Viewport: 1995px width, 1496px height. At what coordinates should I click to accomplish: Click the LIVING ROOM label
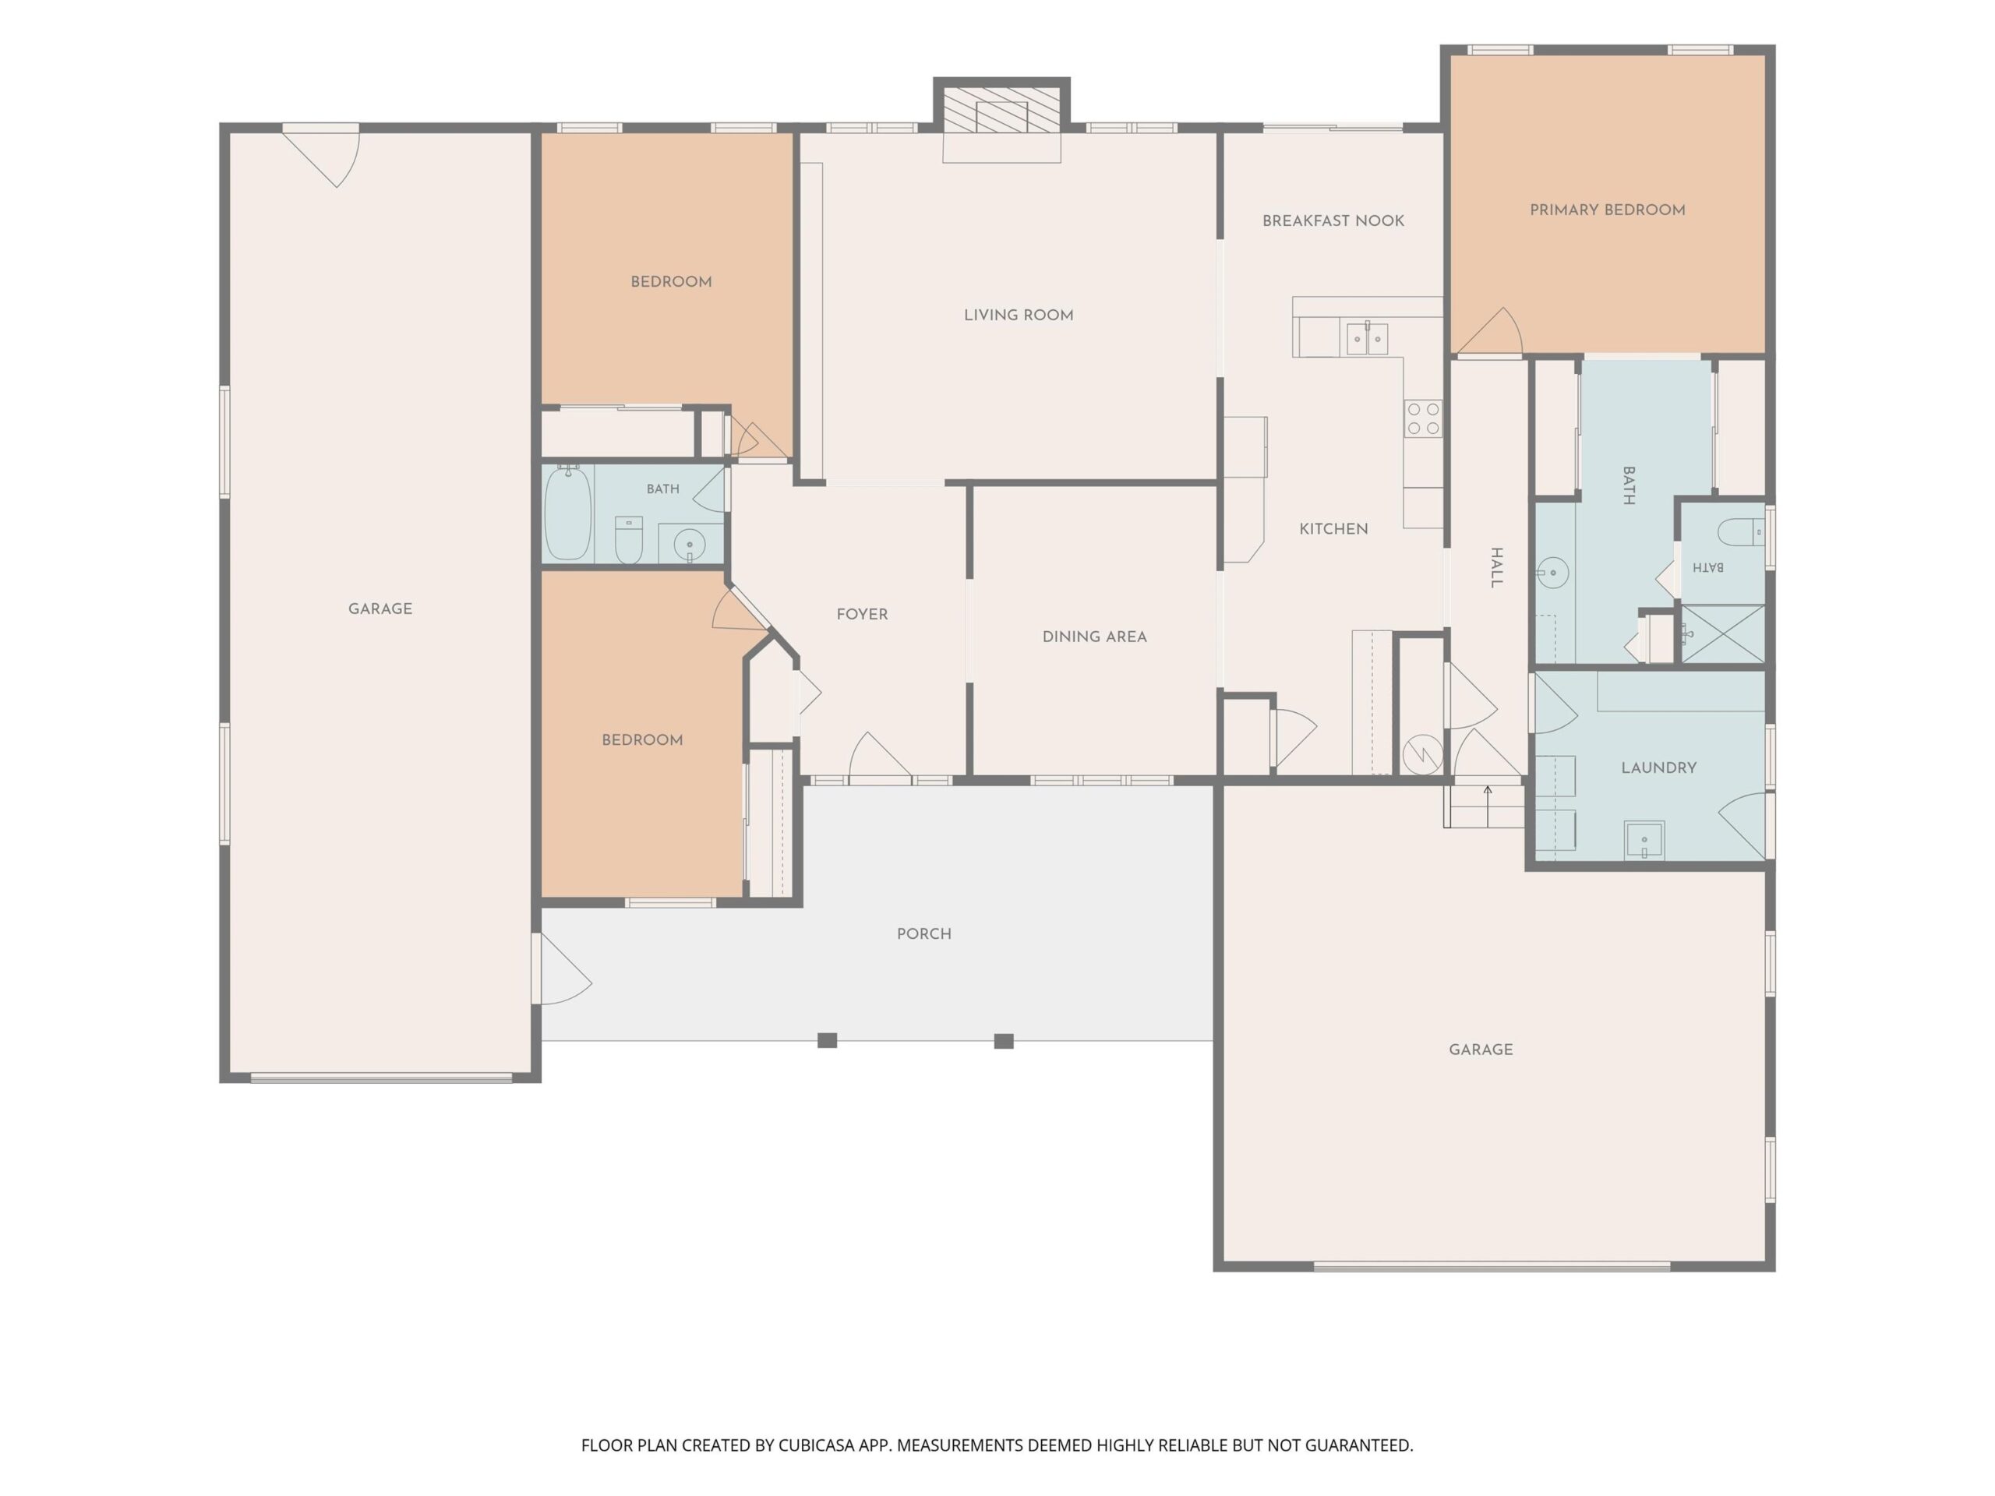[1019, 315]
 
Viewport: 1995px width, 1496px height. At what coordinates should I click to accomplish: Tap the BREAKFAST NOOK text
[1333, 221]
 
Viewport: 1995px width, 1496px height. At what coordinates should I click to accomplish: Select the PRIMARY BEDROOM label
[1607, 210]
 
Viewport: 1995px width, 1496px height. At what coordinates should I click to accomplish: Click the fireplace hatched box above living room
[1001, 110]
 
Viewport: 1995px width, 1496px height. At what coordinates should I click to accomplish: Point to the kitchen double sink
[1368, 339]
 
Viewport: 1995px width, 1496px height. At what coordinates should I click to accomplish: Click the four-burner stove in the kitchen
[1423, 419]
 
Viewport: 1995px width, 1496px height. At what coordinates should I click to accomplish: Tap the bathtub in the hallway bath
[568, 513]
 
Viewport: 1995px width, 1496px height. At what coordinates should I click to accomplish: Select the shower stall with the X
[1722, 634]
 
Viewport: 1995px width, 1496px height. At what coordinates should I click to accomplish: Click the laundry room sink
[1644, 841]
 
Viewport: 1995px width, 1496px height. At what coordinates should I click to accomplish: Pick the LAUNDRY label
[1658, 768]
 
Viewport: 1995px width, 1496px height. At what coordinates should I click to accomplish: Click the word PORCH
[923, 934]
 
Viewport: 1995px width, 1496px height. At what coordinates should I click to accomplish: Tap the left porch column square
[827, 1041]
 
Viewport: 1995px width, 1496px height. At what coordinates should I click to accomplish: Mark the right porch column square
[1004, 1041]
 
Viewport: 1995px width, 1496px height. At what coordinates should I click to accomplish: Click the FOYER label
[862, 614]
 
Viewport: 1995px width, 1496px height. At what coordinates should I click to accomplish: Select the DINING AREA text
[1094, 637]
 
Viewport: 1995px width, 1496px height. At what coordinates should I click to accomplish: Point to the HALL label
[1496, 567]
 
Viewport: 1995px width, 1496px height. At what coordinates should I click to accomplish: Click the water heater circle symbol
[1422, 754]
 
